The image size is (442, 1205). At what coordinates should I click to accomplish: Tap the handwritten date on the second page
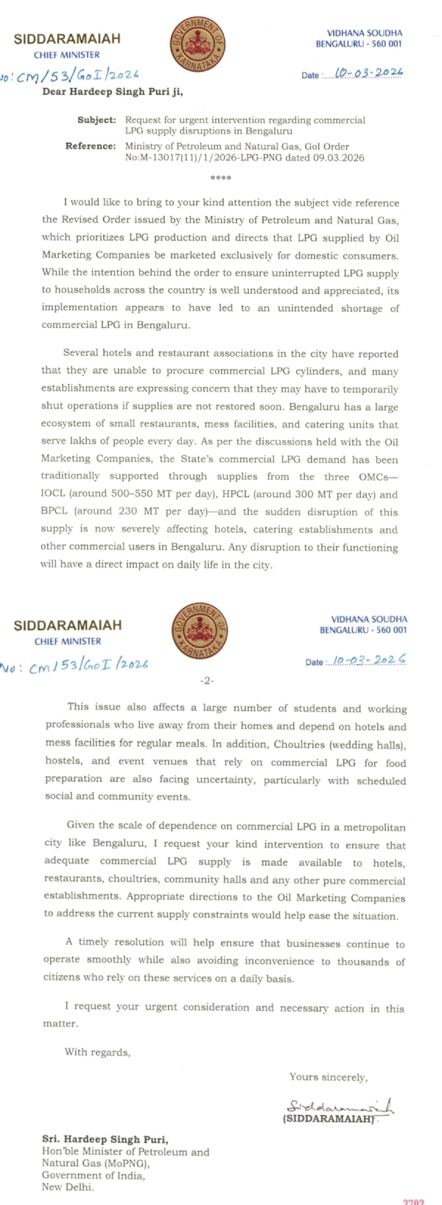click(x=369, y=660)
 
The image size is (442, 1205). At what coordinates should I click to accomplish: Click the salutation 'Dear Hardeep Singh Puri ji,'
click(x=112, y=92)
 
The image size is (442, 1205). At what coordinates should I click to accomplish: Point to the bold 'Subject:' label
click(x=97, y=119)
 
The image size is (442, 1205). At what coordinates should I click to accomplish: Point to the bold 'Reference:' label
click(x=91, y=146)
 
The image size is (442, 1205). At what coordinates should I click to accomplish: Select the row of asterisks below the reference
click(x=220, y=178)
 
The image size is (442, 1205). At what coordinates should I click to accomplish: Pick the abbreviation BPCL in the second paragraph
click(x=57, y=512)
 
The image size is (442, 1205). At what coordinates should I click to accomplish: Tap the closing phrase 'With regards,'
click(x=97, y=1052)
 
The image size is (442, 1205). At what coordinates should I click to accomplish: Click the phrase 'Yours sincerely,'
click(x=328, y=1077)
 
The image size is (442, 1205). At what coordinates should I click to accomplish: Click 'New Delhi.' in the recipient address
click(x=68, y=1187)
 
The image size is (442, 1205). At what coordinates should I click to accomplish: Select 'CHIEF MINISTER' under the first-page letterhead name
click(x=66, y=55)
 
